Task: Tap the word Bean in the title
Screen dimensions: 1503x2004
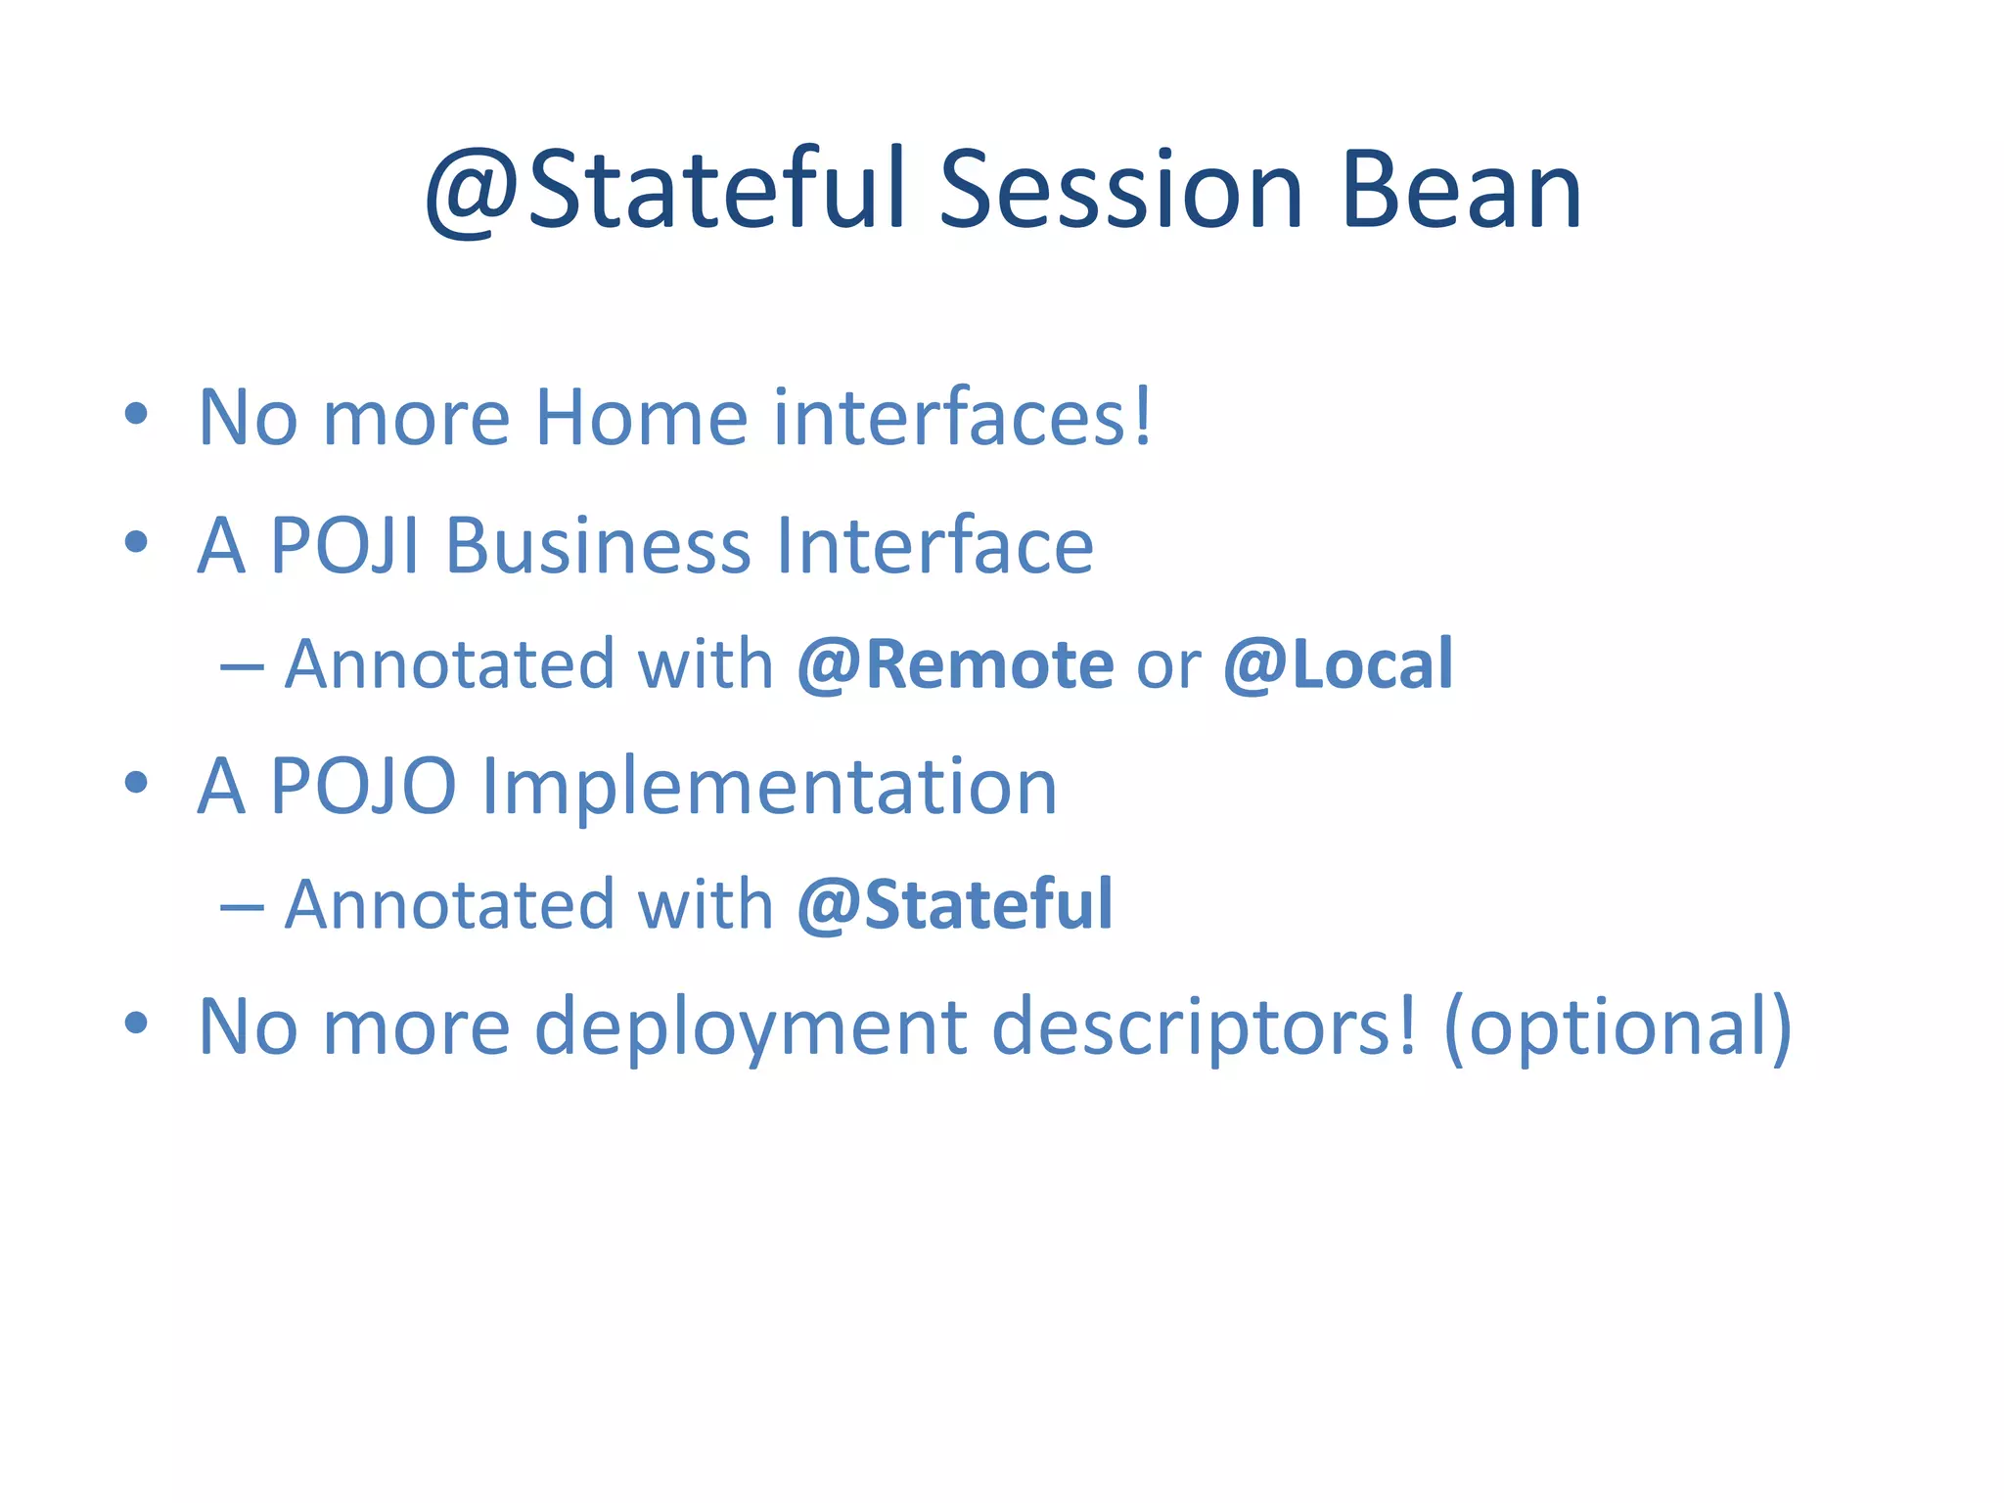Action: [1462, 191]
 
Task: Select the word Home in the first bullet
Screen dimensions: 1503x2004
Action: [641, 419]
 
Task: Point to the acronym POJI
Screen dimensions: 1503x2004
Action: [344, 546]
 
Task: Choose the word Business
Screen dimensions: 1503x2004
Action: [598, 546]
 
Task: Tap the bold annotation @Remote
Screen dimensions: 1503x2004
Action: [955, 665]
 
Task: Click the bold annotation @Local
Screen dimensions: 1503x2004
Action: [1338, 665]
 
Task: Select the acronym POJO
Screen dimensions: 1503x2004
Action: [362, 787]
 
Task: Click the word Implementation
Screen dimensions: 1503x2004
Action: [769, 787]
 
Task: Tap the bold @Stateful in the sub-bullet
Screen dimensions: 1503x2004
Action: [955, 905]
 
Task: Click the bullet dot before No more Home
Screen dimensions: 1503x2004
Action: [136, 415]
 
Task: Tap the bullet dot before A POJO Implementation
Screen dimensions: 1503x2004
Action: [136, 783]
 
